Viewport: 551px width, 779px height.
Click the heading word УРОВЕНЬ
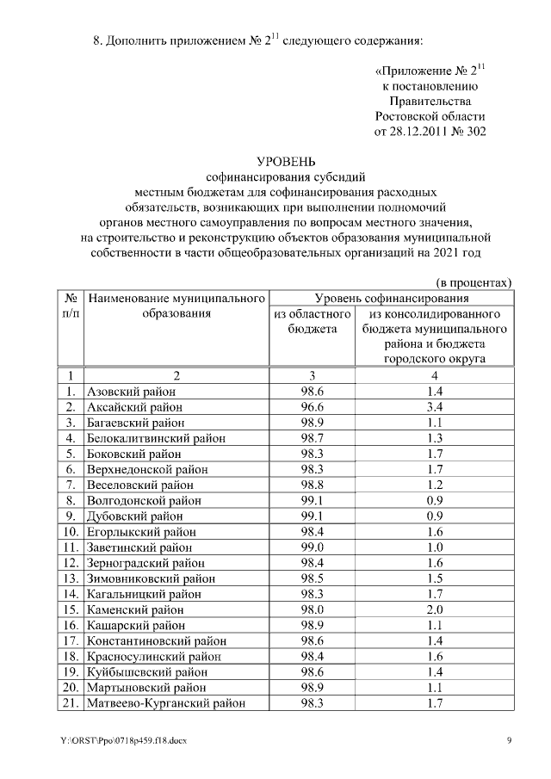click(x=288, y=161)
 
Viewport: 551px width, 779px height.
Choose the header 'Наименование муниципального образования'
click(x=176, y=306)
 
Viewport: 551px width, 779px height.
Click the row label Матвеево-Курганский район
click(x=166, y=703)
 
